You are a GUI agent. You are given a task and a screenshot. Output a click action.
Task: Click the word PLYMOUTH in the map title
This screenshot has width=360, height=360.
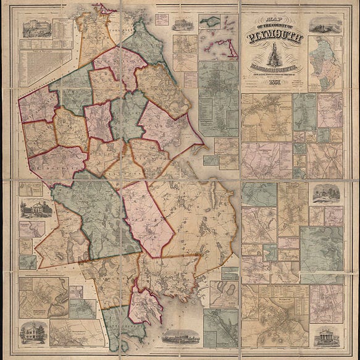275,38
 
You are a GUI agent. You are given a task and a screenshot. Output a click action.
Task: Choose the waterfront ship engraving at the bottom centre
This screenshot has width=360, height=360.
180,337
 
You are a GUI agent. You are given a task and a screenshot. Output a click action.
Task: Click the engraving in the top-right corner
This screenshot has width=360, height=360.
326,25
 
